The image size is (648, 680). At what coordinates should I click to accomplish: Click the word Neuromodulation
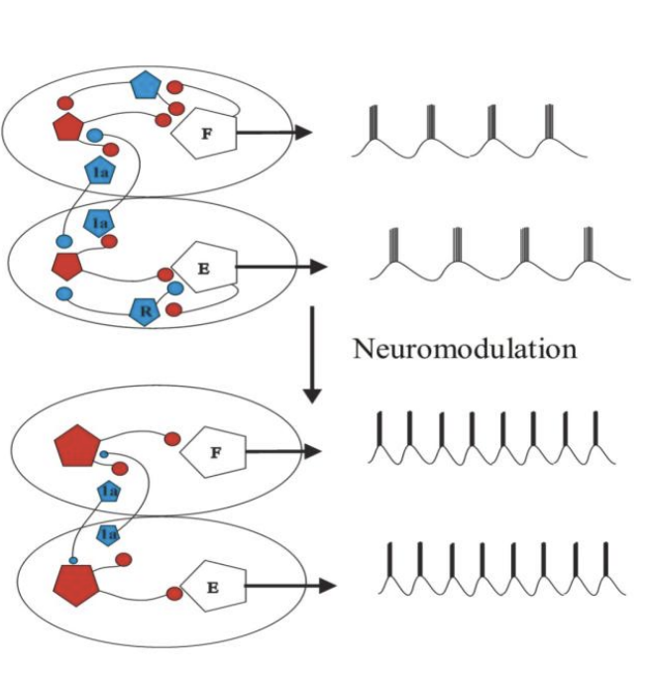pos(465,349)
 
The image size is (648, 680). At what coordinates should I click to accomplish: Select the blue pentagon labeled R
pos(146,310)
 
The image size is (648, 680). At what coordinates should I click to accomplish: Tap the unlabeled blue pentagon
pos(147,86)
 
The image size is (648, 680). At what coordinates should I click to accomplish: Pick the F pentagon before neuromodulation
pos(204,132)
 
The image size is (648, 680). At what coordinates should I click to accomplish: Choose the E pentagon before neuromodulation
pos(204,267)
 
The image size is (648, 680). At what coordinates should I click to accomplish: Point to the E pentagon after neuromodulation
pos(211,586)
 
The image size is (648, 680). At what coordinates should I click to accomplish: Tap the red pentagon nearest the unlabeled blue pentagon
pos(67,127)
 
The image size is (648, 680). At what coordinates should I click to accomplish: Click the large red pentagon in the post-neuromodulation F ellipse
pos(77,446)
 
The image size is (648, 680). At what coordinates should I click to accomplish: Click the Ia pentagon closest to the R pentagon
pos(99,223)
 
